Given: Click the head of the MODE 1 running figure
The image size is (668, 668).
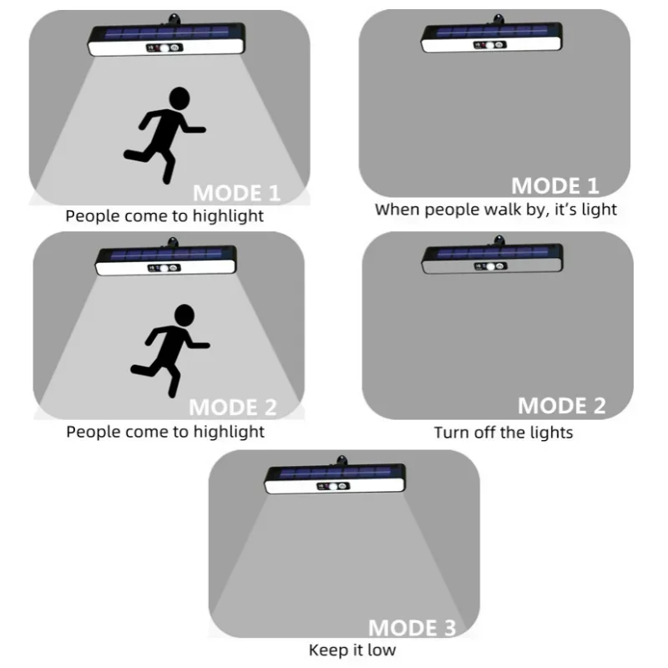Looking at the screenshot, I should [x=179, y=98].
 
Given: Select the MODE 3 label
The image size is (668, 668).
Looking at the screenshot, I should [x=412, y=628].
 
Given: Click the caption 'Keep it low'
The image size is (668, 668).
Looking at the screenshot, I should [x=352, y=650].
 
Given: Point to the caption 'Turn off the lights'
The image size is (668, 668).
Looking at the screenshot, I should [x=503, y=433].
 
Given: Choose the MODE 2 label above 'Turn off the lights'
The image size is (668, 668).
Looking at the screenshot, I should [x=561, y=406].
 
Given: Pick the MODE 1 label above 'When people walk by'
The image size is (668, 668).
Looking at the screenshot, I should [x=555, y=185].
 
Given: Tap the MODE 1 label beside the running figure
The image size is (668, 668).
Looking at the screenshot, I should [x=237, y=193].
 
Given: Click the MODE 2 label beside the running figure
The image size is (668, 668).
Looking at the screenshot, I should [x=233, y=407].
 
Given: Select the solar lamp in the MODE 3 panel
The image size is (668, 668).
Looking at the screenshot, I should [x=335, y=478].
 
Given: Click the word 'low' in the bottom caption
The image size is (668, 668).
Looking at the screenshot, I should [x=382, y=650].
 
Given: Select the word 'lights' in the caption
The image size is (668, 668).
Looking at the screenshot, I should [x=550, y=433].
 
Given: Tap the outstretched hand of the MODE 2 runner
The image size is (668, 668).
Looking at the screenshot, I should [x=204, y=344].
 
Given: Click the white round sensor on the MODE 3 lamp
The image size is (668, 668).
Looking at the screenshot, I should [x=334, y=486].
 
